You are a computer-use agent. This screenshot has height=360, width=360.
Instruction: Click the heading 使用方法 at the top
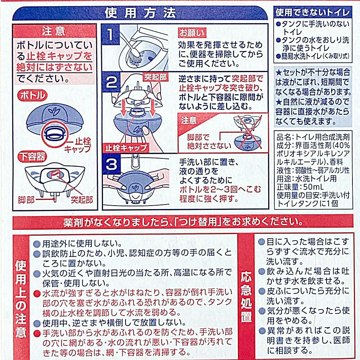tap(140, 13)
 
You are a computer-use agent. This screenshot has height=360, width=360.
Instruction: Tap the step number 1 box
tap(111, 34)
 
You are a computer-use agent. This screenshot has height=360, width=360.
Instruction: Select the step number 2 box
tap(111, 82)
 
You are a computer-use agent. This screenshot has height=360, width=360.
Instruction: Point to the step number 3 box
tap(112, 164)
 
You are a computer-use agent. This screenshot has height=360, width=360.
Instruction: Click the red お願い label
tap(192, 33)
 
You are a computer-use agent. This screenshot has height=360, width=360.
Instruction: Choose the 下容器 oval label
tap(32, 157)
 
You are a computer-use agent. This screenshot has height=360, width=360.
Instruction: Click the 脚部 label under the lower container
tap(26, 200)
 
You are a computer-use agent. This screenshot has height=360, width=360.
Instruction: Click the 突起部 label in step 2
tap(156, 77)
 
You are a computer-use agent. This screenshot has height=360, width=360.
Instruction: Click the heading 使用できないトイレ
tap(313, 13)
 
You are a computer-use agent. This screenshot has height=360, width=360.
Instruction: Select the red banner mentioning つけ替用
tap(183, 222)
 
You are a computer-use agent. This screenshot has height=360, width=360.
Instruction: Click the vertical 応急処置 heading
tap(246, 297)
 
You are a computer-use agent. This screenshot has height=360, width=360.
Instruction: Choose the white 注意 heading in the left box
tap(54, 31)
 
